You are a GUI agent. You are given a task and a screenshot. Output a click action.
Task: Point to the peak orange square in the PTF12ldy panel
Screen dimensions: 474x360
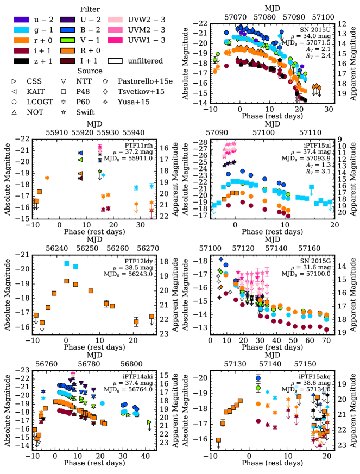point(66,281)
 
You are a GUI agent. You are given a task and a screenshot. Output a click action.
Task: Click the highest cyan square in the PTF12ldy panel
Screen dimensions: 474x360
point(66,263)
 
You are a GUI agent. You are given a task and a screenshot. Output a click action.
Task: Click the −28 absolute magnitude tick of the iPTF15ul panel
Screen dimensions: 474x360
point(202,142)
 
